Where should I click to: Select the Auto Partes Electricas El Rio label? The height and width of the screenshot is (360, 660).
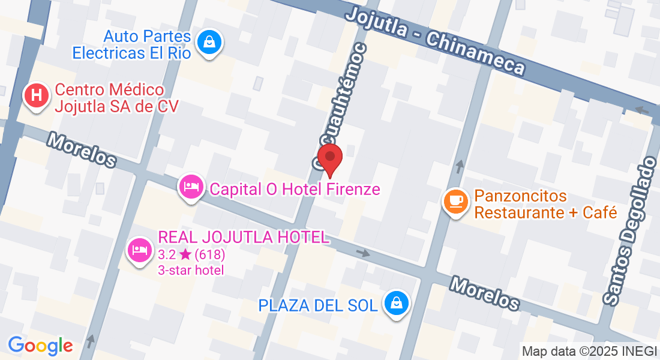click(x=131, y=45)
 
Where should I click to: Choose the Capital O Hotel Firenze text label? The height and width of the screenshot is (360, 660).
click(x=295, y=190)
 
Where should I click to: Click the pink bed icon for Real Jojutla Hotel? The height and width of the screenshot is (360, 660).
click(x=140, y=248)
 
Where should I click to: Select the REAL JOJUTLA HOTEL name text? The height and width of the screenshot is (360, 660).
click(x=243, y=237)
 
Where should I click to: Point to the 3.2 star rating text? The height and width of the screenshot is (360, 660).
click(x=191, y=254)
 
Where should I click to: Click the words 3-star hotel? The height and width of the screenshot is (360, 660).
click(x=191, y=270)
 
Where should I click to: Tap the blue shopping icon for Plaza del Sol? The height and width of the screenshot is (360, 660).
click(x=397, y=303)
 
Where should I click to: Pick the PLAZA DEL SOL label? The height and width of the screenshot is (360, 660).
click(x=318, y=305)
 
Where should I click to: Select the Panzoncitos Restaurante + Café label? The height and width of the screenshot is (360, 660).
click(x=545, y=204)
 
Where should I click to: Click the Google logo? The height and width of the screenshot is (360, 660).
click(x=40, y=346)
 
